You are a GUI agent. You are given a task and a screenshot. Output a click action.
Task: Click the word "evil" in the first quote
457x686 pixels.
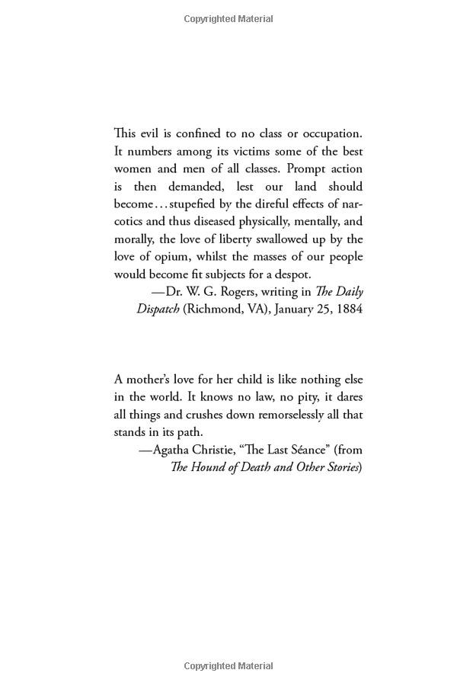(x=150, y=133)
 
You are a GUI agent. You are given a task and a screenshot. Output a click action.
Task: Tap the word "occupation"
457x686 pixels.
(x=328, y=133)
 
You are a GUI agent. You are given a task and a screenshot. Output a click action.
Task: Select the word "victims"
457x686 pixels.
(x=232, y=151)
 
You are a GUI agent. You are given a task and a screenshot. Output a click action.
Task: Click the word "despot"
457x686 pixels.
(x=292, y=274)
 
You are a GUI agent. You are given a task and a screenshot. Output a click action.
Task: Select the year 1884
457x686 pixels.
(x=347, y=309)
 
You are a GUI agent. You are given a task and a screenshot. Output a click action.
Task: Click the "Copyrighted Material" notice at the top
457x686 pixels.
(x=228, y=19)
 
